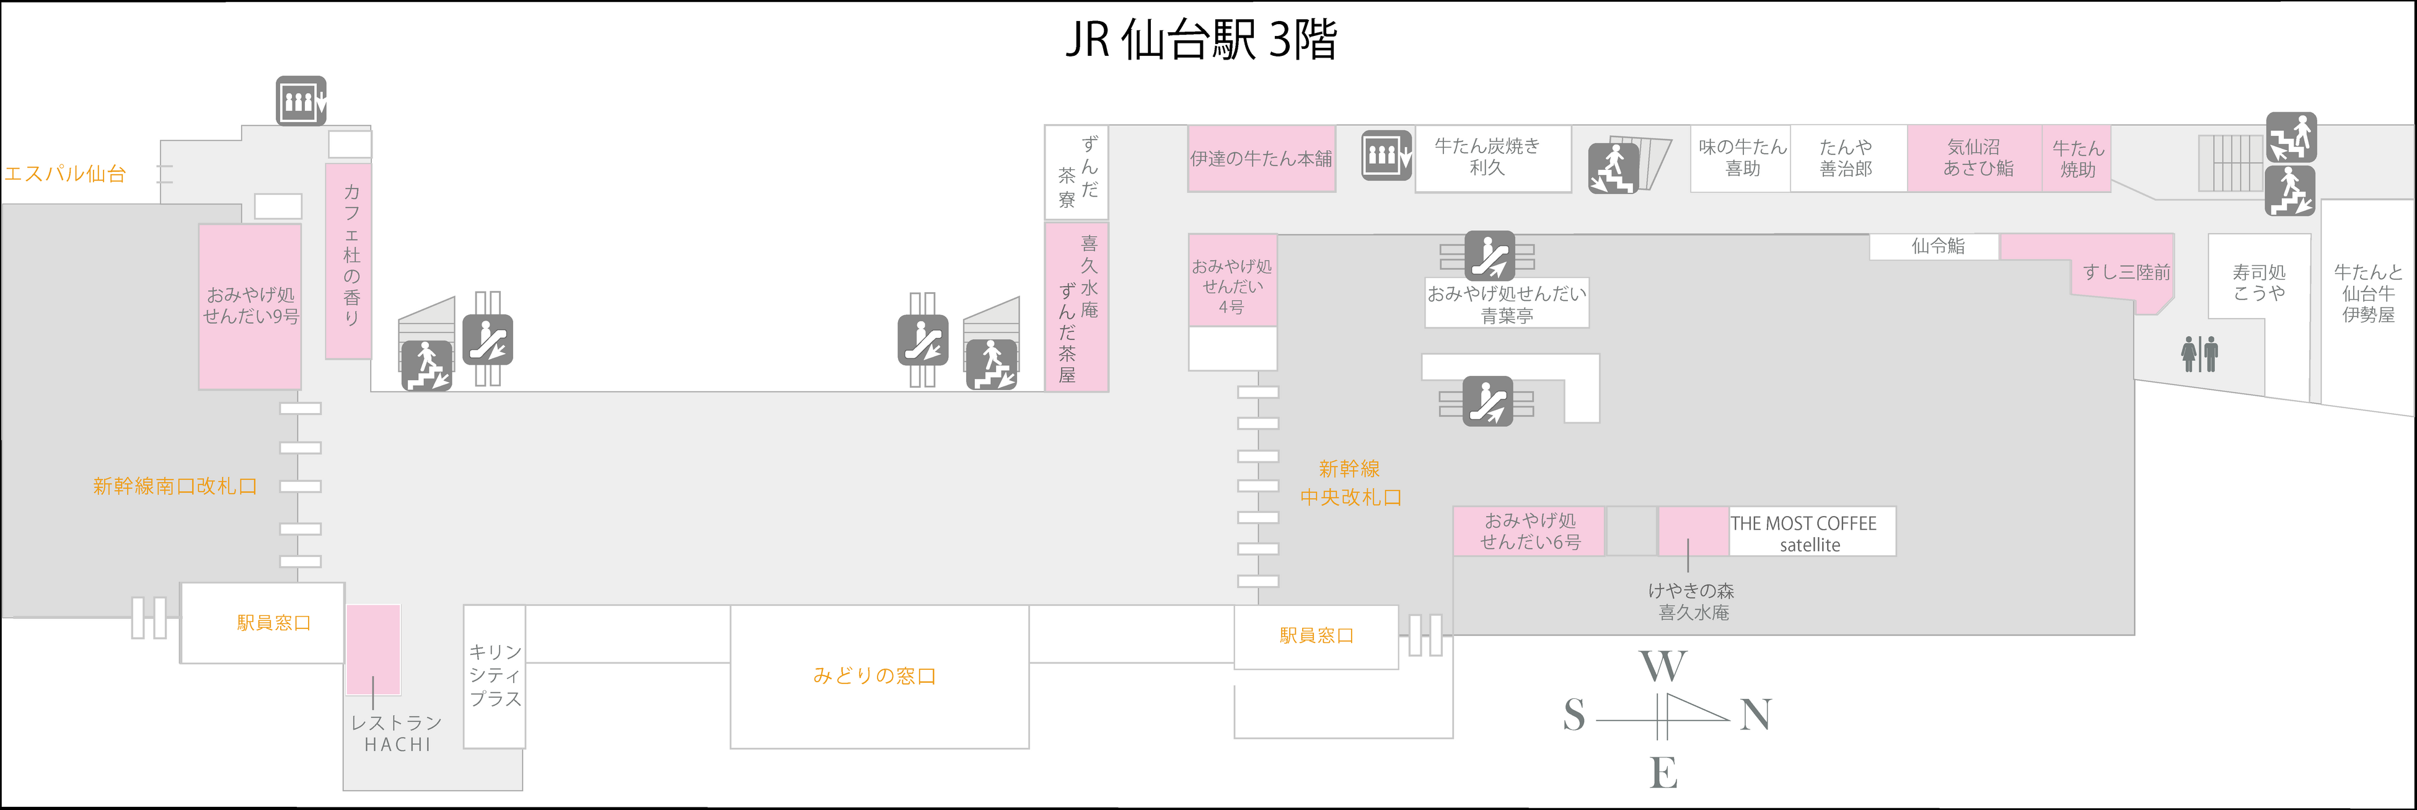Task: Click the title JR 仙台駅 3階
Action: [x=1201, y=40]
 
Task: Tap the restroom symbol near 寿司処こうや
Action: [x=2199, y=354]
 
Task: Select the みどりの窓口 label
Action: [x=874, y=676]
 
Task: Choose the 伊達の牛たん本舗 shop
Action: [x=1261, y=159]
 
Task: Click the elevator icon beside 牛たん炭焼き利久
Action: [x=1387, y=156]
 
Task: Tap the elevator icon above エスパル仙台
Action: [x=300, y=100]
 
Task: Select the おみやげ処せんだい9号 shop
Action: [x=250, y=306]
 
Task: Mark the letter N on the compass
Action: [x=1756, y=715]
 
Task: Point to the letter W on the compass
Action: [x=1663, y=666]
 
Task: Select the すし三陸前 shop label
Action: [x=2126, y=273]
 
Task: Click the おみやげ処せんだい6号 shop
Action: [x=1530, y=532]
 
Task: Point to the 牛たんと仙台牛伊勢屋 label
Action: [x=2367, y=293]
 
